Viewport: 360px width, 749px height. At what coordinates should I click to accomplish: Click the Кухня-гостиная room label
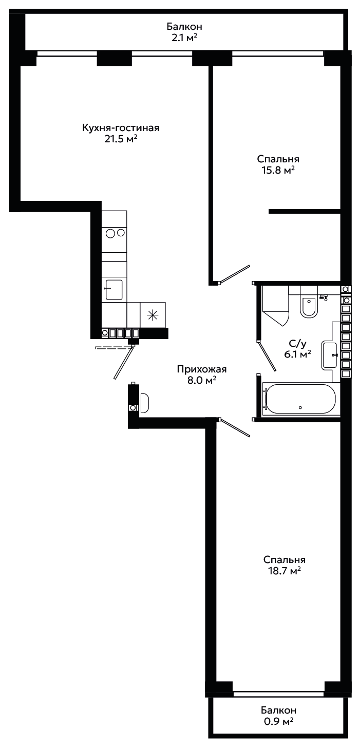pyautogui.click(x=121, y=128)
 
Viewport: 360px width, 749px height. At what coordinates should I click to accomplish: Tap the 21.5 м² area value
pyautogui.click(x=121, y=139)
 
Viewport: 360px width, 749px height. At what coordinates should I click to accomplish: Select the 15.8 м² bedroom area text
pyautogui.click(x=278, y=170)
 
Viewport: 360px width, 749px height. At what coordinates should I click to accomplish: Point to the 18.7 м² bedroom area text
pyautogui.click(x=284, y=571)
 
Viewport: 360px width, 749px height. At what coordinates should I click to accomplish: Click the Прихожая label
pyautogui.click(x=201, y=369)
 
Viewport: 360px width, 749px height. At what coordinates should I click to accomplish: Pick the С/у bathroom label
pyautogui.click(x=297, y=343)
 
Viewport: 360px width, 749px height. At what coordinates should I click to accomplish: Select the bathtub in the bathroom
pyautogui.click(x=299, y=399)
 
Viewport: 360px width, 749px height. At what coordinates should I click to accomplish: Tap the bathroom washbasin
pyautogui.click(x=329, y=355)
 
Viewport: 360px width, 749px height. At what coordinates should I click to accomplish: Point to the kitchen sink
pyautogui.click(x=113, y=290)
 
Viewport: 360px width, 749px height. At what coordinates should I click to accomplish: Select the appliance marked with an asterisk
pyautogui.click(x=153, y=315)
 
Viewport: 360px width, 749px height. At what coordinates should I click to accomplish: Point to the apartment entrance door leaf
pyautogui.click(x=123, y=363)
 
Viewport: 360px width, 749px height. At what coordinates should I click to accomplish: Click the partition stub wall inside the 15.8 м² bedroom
pyautogui.click(x=305, y=211)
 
